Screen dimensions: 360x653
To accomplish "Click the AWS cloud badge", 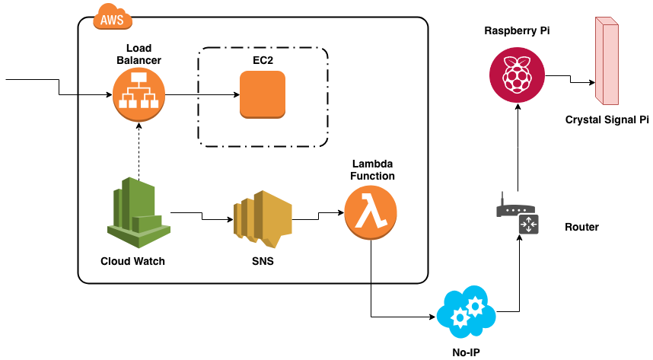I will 111,18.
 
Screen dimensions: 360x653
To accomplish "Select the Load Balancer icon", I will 139,94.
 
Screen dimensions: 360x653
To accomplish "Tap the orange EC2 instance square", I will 262,94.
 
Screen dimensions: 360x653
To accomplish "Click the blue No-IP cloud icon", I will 465,312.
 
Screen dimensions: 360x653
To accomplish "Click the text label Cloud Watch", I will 132,261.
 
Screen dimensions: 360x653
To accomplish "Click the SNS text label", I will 263,261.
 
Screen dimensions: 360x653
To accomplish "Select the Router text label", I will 581,227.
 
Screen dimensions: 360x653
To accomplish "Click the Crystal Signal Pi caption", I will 605,119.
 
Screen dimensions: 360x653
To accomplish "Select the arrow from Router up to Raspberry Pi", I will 518,148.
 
